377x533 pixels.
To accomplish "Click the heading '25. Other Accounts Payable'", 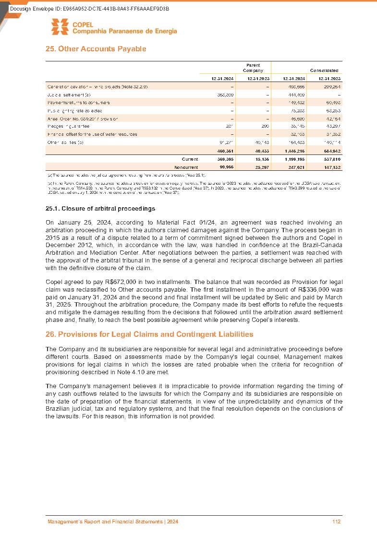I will click(96, 49).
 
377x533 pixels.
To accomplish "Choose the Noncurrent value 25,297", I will click(258, 167).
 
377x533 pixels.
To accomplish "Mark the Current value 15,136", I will click(258, 159).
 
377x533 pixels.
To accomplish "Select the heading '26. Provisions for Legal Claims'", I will click(149, 334).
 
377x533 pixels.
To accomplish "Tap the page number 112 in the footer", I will click(336, 521).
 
